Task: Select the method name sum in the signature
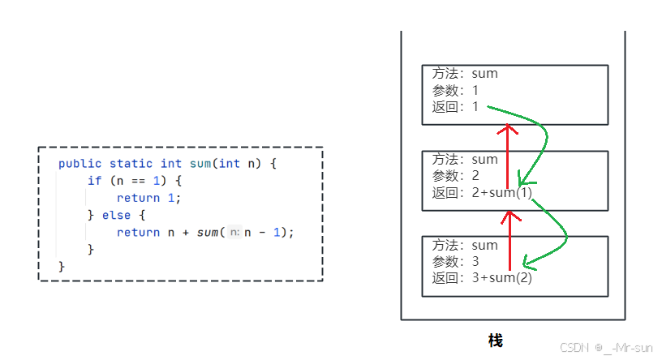tap(200, 164)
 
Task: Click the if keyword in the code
tap(94, 181)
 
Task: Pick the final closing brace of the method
tap(62, 266)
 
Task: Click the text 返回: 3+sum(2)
tap(482, 278)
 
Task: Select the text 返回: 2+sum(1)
tap(482, 192)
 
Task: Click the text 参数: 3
tap(455, 262)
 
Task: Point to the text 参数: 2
tap(455, 176)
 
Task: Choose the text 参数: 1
tap(455, 90)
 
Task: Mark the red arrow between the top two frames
tap(508, 154)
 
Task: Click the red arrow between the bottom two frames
tap(510, 239)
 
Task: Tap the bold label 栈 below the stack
tap(496, 341)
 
